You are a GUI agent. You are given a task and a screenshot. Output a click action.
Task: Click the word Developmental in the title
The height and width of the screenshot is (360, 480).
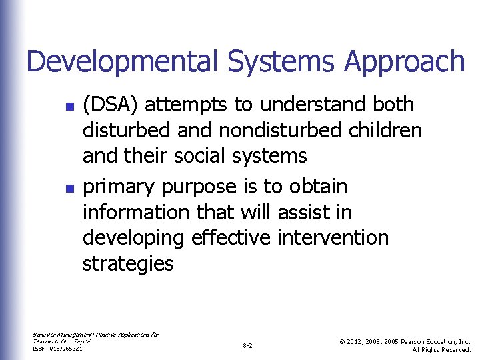[121, 62]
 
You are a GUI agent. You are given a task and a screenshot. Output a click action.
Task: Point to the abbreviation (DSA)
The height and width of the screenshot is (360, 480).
[111, 105]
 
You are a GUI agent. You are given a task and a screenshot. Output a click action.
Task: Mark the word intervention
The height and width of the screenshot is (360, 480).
[331, 238]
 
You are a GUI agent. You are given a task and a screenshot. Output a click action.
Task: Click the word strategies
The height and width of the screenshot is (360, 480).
[127, 264]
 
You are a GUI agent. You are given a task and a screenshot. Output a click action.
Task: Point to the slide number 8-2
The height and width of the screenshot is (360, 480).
[247, 346]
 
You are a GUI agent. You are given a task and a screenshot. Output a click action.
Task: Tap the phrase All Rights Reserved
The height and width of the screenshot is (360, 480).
[441, 349]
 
